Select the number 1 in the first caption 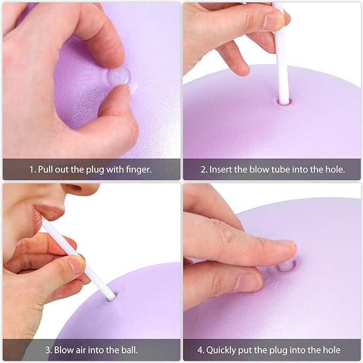click(x=32, y=169)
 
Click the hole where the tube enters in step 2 click(x=284, y=100)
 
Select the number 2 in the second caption click(x=203, y=169)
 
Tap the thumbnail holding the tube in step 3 click(x=77, y=264)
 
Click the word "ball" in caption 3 click(x=128, y=350)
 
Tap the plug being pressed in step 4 click(x=285, y=265)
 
